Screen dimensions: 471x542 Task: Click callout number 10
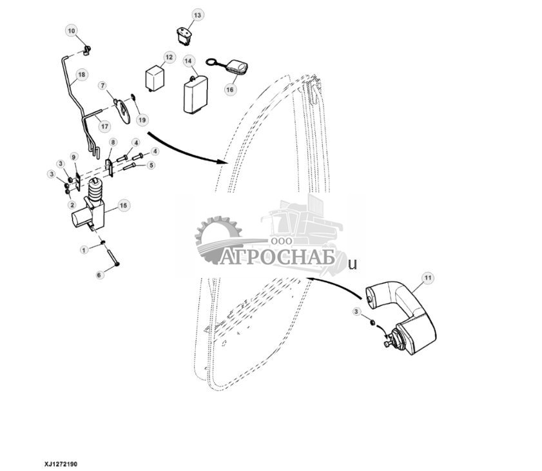(x=72, y=31)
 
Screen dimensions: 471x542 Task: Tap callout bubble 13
(x=197, y=15)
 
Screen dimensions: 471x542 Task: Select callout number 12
(x=169, y=58)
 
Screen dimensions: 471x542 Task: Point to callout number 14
(x=189, y=61)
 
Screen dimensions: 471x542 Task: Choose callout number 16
(x=229, y=90)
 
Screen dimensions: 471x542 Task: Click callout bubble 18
(x=81, y=75)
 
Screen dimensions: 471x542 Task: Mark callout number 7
(x=102, y=85)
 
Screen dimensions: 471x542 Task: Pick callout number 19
(x=142, y=120)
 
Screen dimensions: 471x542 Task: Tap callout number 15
(x=123, y=205)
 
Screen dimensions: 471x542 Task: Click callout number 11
(x=427, y=278)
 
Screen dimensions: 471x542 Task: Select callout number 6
(x=99, y=275)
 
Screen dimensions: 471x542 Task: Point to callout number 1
(x=83, y=249)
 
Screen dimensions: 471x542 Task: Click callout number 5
(x=151, y=165)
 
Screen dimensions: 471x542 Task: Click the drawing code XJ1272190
(x=61, y=463)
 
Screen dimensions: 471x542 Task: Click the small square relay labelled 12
(x=155, y=79)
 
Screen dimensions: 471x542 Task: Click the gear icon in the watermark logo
(x=217, y=238)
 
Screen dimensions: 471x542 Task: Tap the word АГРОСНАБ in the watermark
(x=279, y=258)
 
